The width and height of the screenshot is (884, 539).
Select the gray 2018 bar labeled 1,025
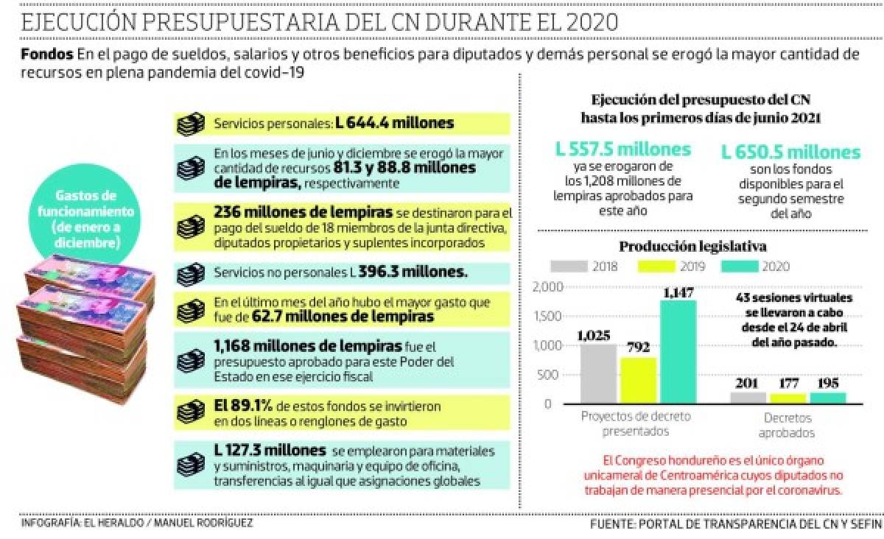pyautogui.click(x=598, y=373)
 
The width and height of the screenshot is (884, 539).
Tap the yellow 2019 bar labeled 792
pyautogui.click(x=638, y=380)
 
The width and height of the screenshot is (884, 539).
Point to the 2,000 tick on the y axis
pyautogui.click(x=548, y=286)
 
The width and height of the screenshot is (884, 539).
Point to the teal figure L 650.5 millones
pyautogui.click(x=790, y=152)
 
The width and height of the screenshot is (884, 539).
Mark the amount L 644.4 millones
pyautogui.click(x=396, y=124)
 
